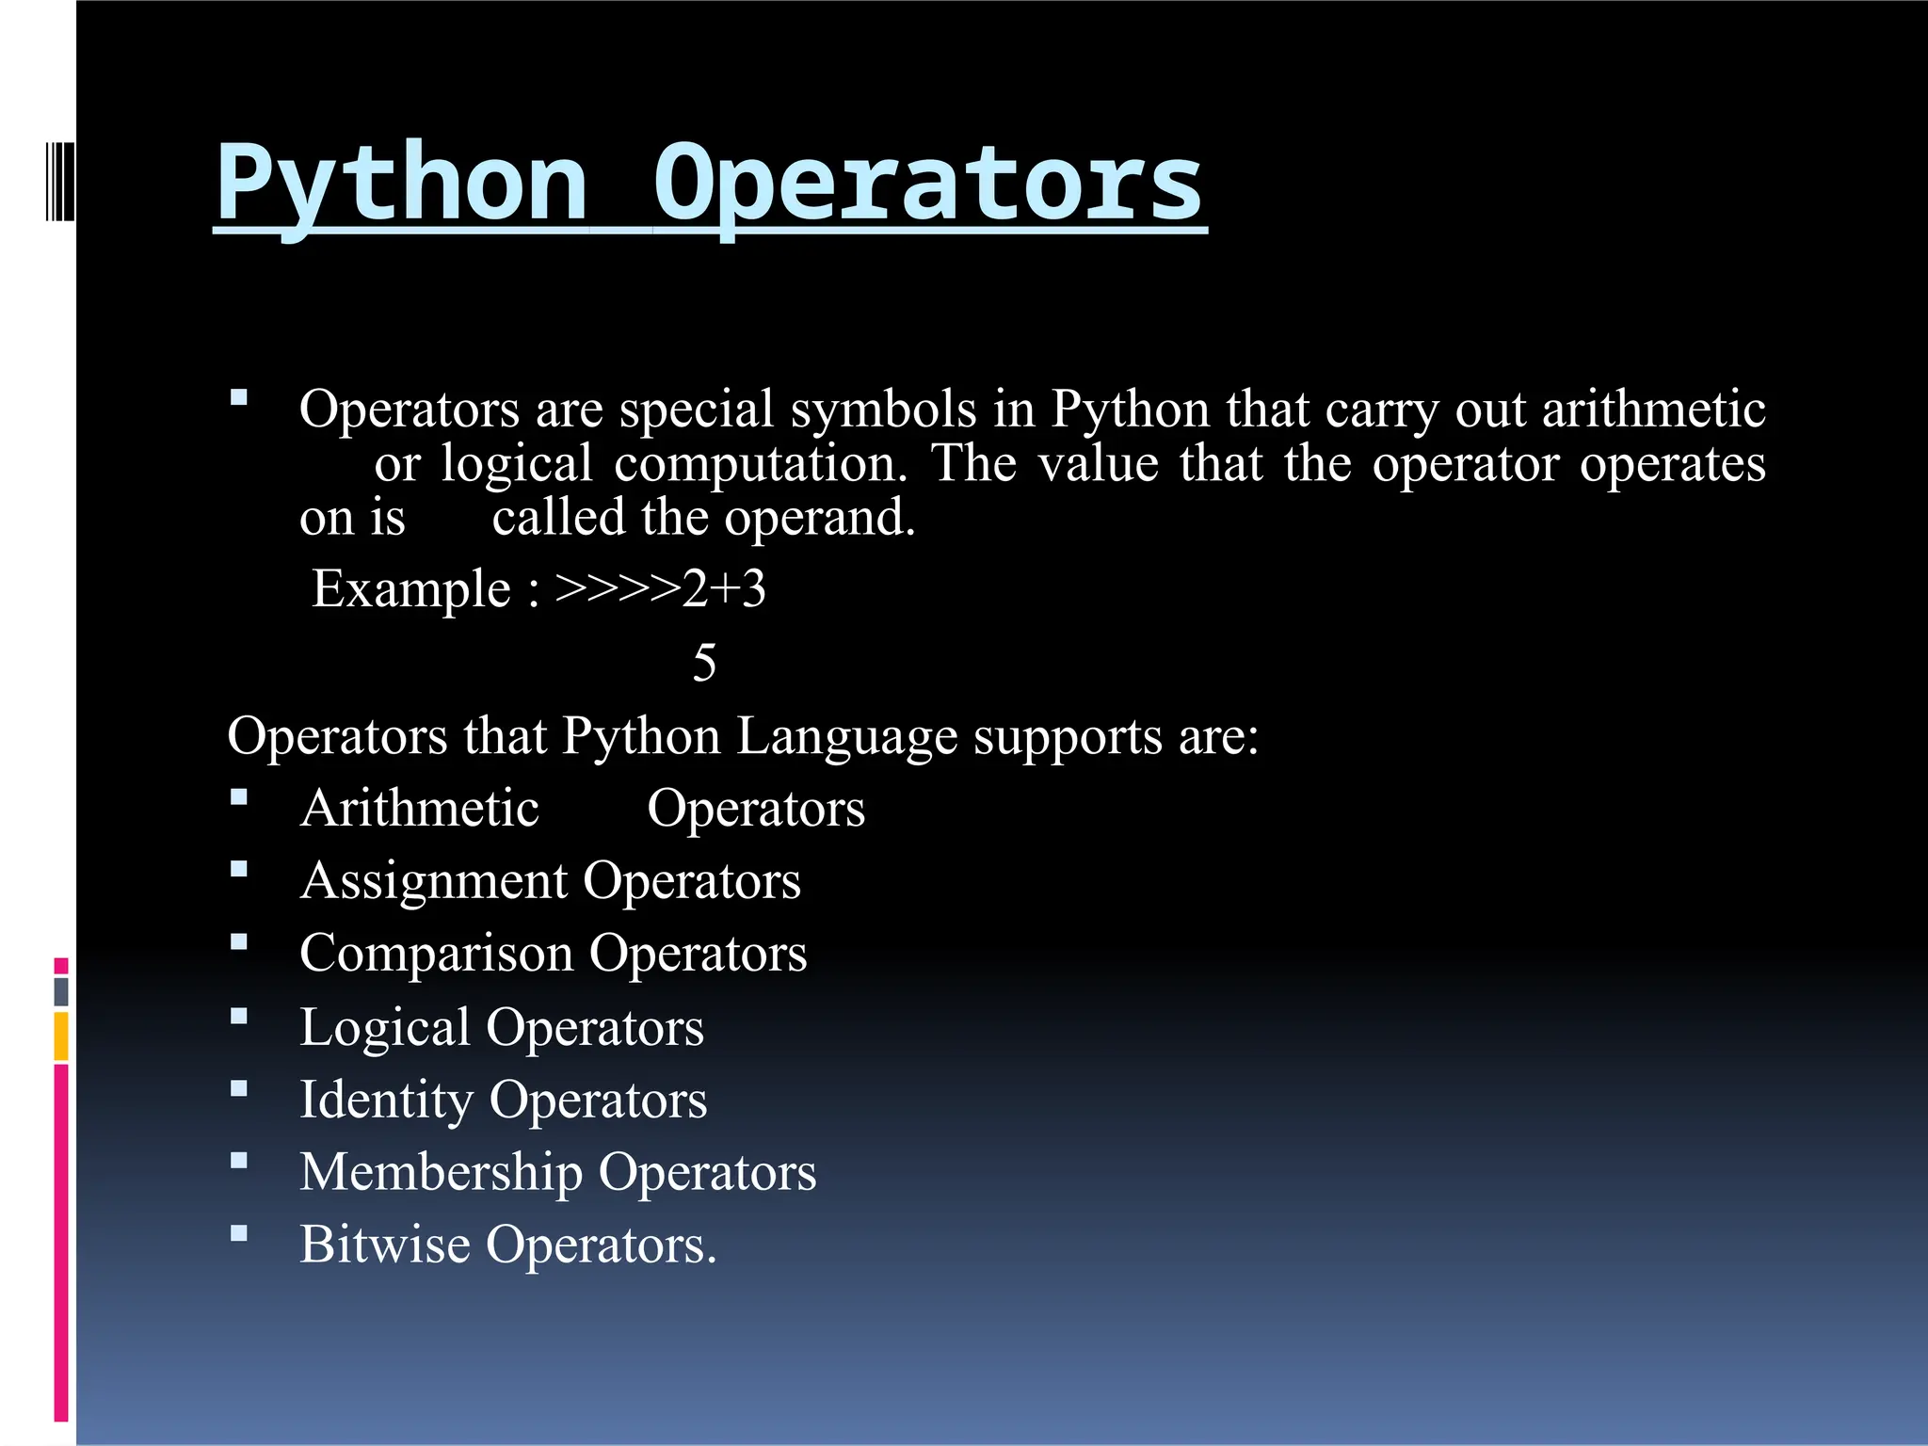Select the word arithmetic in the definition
[1653, 410]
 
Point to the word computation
[761, 464]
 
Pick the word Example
[411, 589]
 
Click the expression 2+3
[724, 589]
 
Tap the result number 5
[704, 663]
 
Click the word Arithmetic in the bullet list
[420, 809]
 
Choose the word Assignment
[434, 882]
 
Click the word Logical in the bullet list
[384, 1027]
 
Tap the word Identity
[386, 1100]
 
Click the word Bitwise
[384, 1245]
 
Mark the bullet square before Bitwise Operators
[239, 1233]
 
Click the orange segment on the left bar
[61, 1036]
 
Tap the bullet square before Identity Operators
[239, 1088]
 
